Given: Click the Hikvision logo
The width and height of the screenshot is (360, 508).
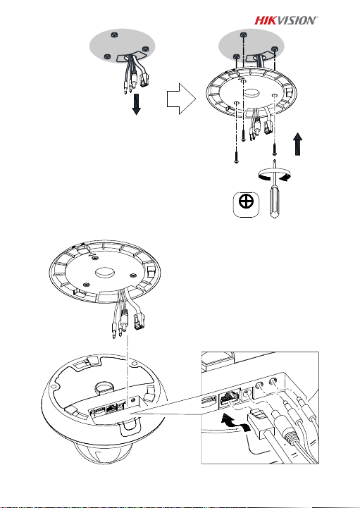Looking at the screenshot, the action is (x=286, y=20).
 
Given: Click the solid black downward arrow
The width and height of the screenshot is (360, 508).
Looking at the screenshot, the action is (x=137, y=105).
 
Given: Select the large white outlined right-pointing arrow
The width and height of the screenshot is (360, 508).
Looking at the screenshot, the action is (x=182, y=99).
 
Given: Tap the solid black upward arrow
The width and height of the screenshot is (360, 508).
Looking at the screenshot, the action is (x=297, y=144).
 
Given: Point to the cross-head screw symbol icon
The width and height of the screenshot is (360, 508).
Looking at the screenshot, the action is (x=247, y=204).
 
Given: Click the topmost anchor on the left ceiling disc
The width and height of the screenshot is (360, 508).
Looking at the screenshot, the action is (x=113, y=35).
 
